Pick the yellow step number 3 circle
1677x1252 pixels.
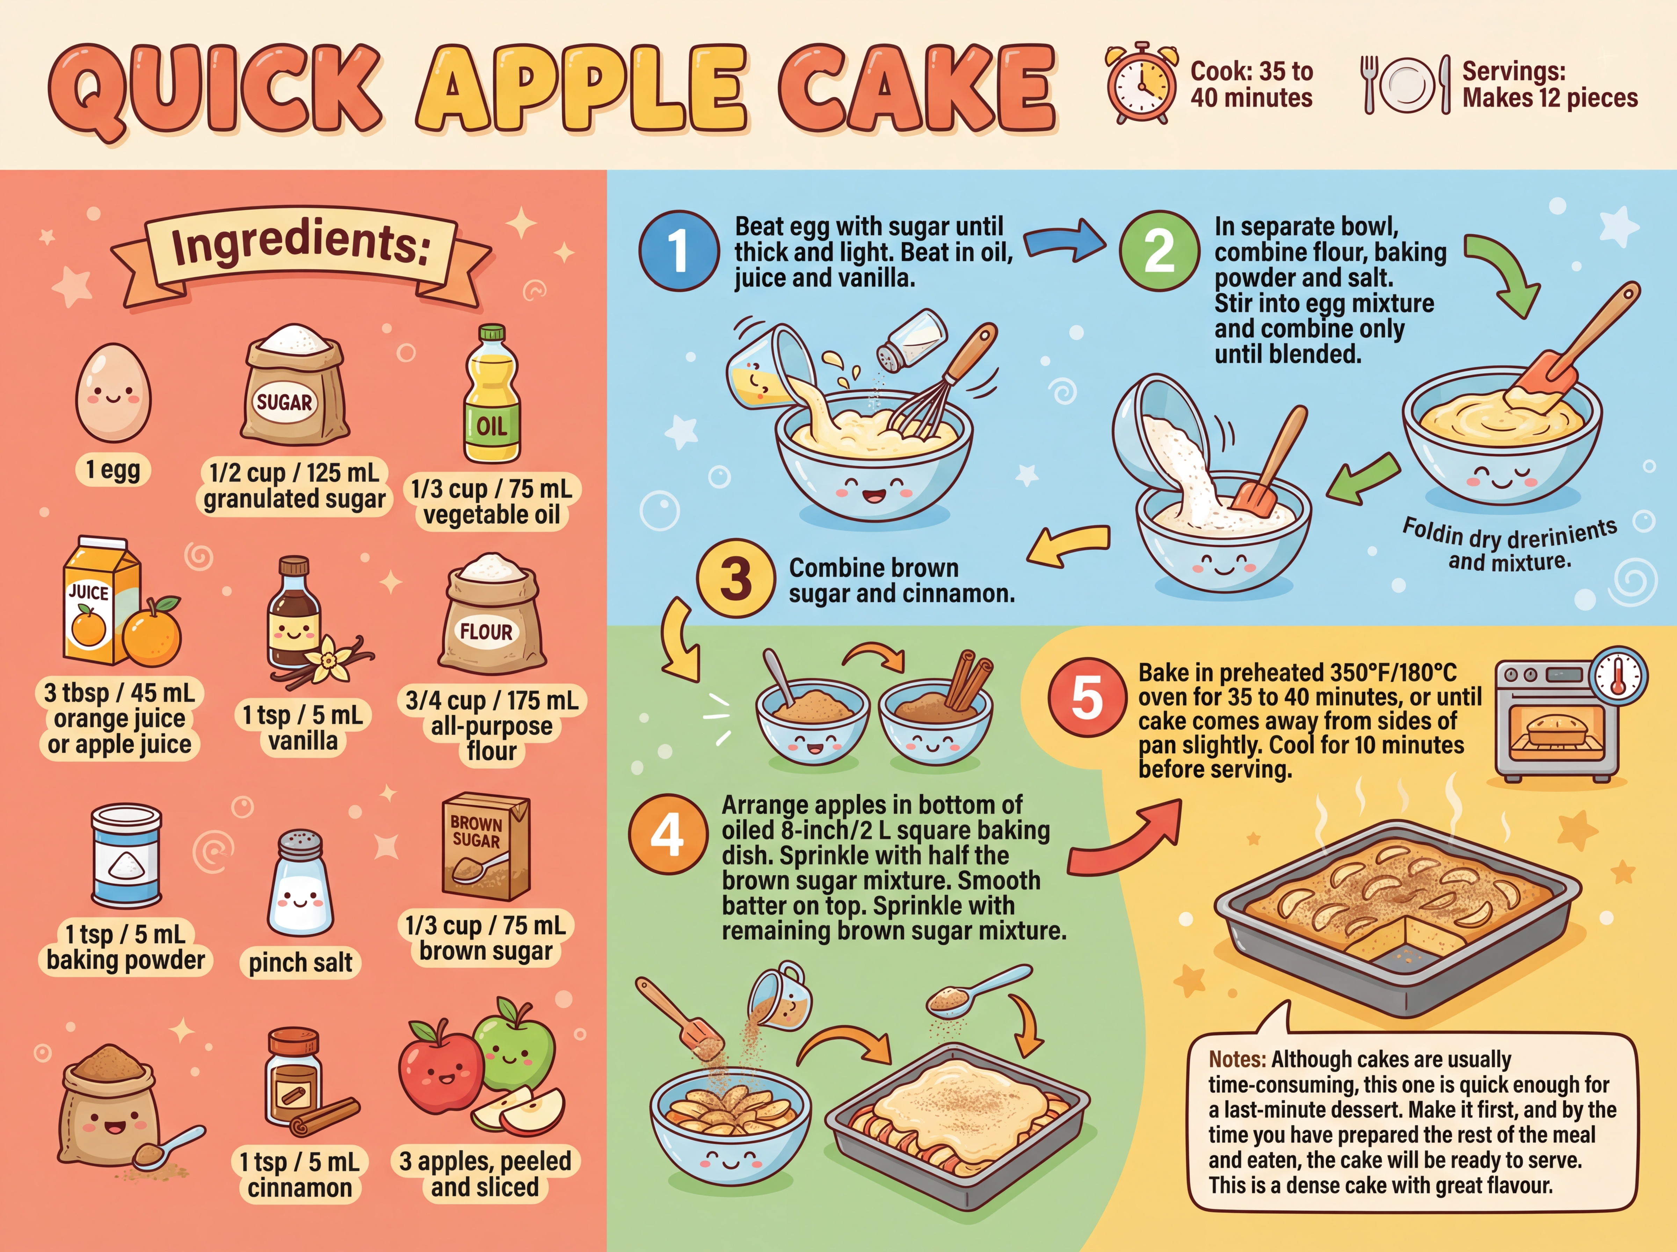point(735,579)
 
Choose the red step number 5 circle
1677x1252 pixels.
point(1087,697)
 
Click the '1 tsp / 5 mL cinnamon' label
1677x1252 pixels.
point(299,1174)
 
